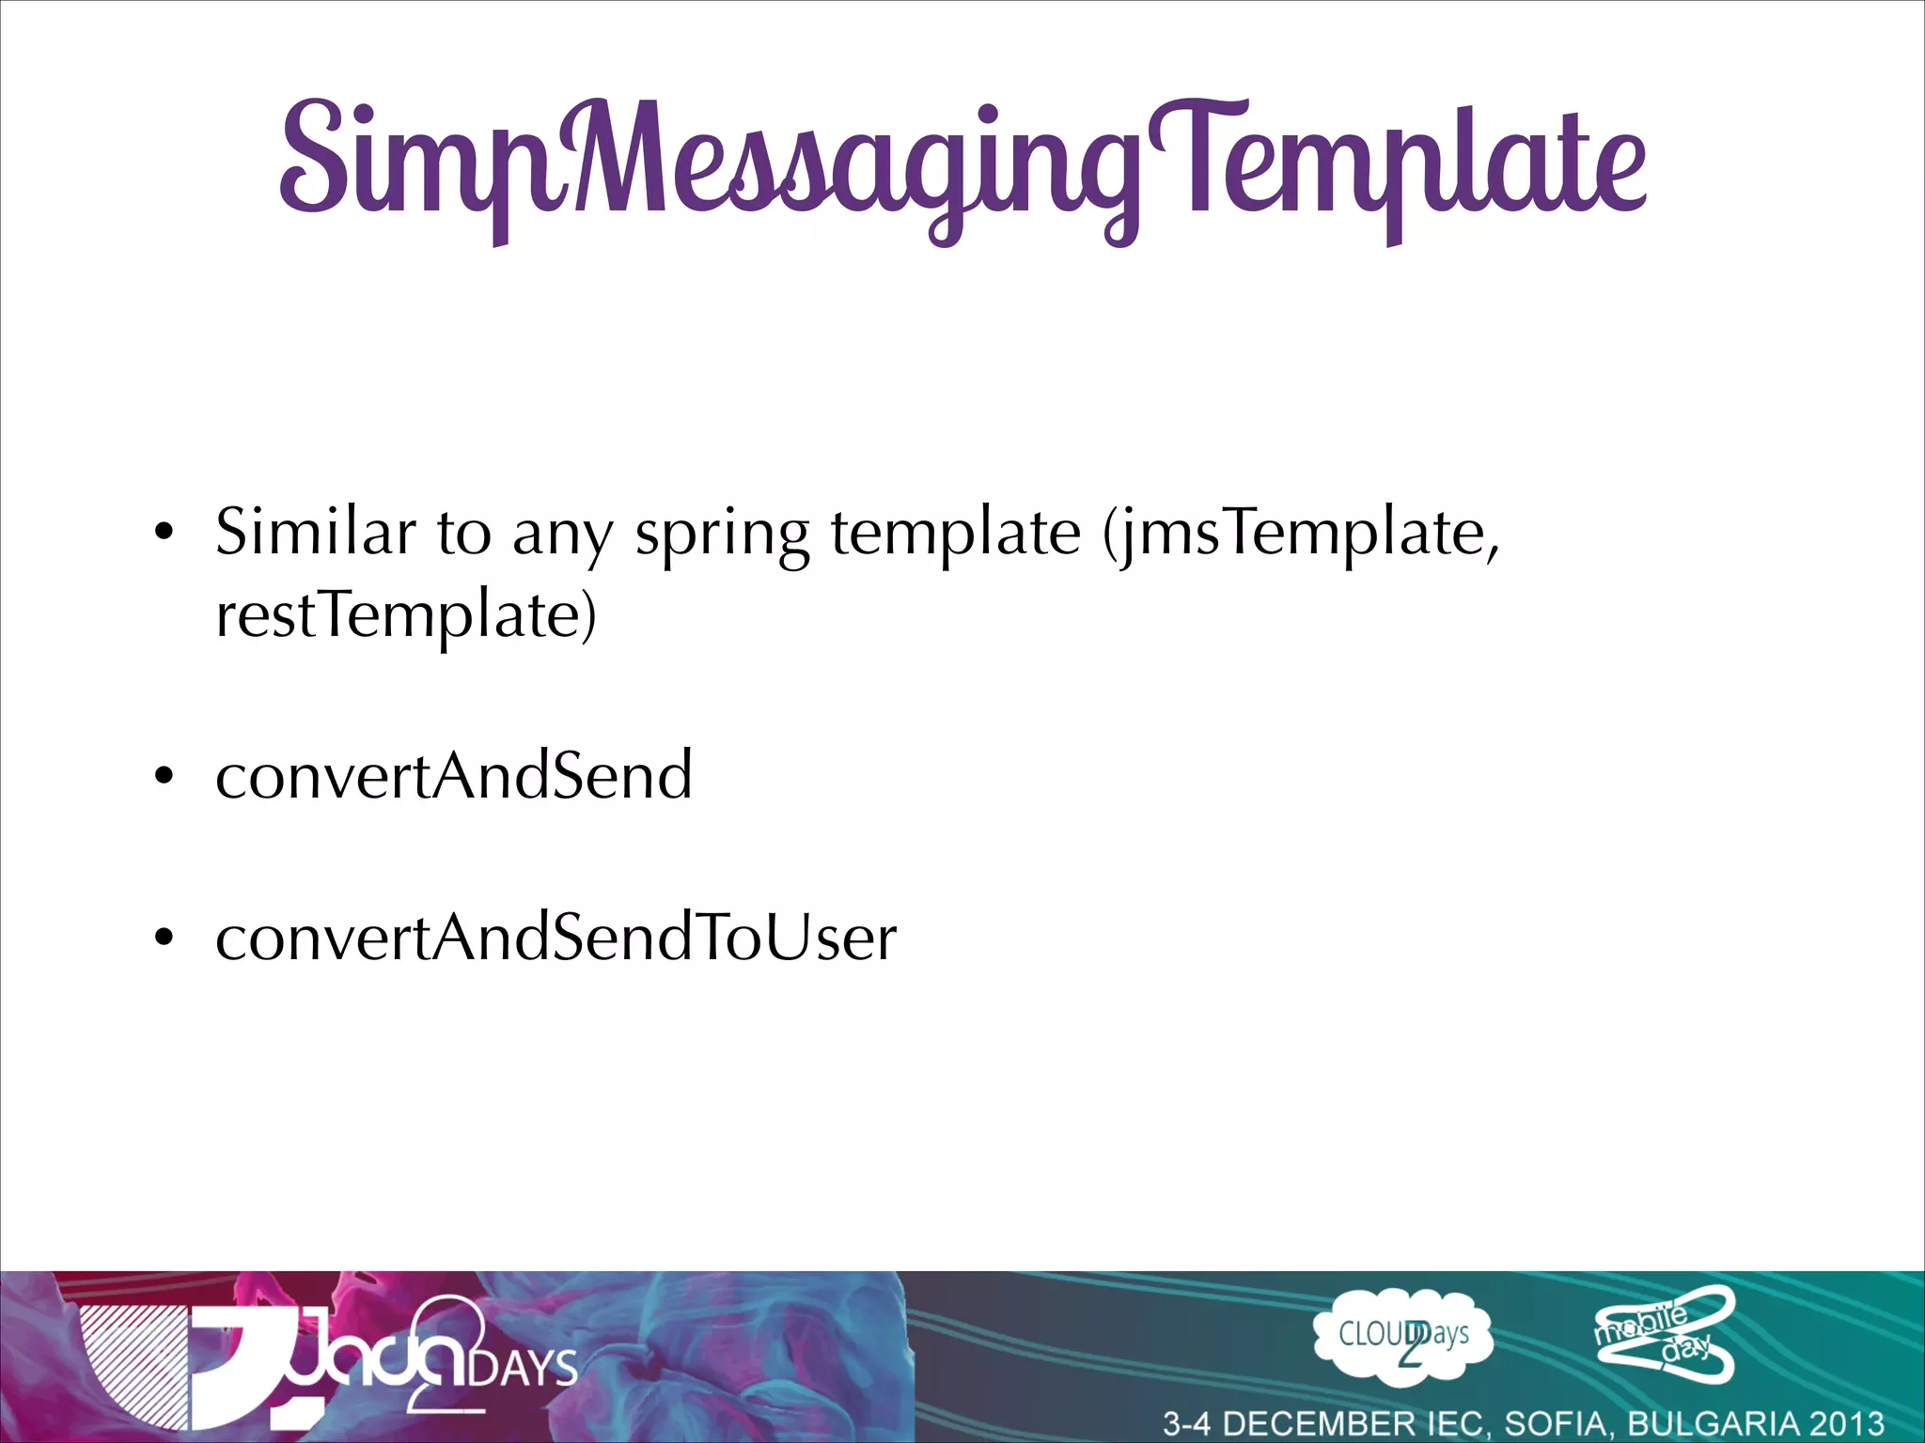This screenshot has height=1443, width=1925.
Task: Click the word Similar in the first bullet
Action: click(315, 533)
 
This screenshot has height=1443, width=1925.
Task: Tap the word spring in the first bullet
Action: click(721, 535)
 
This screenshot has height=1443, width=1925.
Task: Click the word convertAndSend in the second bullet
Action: click(454, 775)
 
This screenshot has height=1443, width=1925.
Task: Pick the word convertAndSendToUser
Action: click(556, 937)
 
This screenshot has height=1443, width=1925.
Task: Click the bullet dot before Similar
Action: click(164, 534)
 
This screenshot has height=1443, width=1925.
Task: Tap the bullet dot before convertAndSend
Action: click(164, 776)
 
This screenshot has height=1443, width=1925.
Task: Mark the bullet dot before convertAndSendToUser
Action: click(164, 938)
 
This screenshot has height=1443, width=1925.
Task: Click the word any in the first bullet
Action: click(562, 535)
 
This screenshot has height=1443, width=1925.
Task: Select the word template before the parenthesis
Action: click(955, 535)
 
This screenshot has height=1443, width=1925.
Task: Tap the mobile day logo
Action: click(1664, 1335)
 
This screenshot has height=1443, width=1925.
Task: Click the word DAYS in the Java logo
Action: click(524, 1368)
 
